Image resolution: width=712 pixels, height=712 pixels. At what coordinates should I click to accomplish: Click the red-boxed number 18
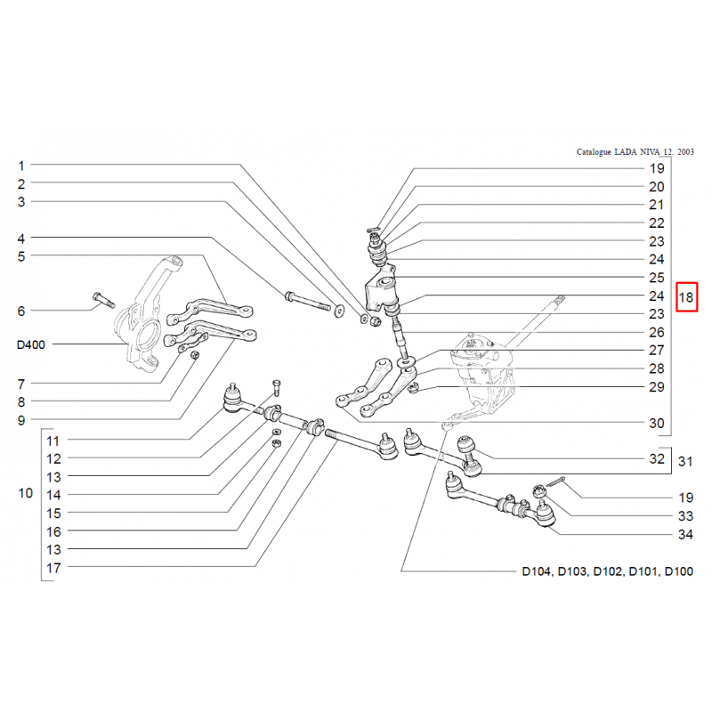pos(687,297)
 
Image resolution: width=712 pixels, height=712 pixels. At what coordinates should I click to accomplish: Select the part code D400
pos(33,344)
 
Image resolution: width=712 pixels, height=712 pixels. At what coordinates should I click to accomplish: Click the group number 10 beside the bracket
pos(25,493)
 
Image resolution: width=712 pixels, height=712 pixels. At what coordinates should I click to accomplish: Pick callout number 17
pos(53,567)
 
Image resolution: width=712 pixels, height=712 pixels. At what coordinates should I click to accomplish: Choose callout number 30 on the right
pos(657,424)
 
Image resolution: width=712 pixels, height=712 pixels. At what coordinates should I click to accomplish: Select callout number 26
pos(657,332)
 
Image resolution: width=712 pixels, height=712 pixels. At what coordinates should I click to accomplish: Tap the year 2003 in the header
pos(684,153)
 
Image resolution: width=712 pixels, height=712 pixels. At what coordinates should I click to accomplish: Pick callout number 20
pos(657,187)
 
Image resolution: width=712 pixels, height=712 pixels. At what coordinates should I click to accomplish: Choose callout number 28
pos(657,368)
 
